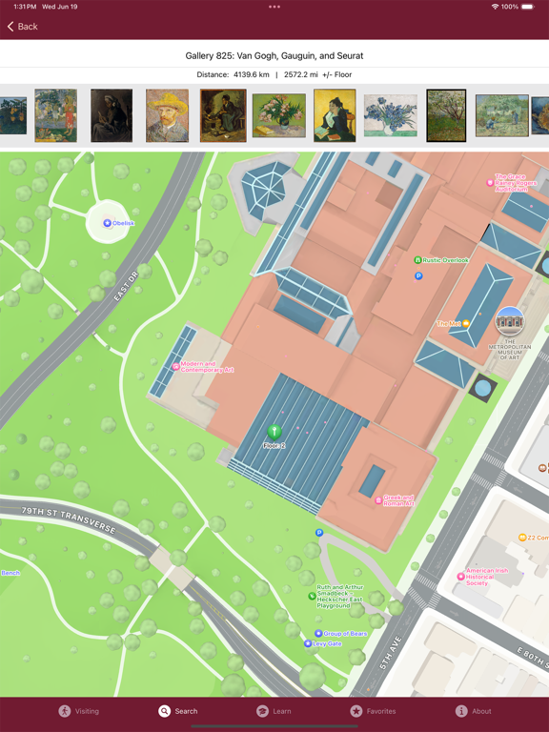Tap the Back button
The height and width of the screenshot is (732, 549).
point(22,27)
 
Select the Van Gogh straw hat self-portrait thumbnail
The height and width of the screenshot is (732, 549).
point(167,116)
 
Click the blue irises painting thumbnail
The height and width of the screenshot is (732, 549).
point(391,116)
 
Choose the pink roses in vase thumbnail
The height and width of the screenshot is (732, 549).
point(279,116)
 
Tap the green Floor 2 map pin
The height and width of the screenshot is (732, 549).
point(274,433)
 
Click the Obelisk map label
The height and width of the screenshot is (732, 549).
point(122,223)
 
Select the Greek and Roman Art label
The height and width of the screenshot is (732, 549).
point(398,499)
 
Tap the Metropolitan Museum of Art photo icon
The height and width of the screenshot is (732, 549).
point(510,322)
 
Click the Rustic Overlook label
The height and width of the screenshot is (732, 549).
point(446,260)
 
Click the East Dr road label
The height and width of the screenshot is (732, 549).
point(127,284)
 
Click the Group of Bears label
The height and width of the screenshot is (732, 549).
point(345,634)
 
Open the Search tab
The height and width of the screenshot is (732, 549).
point(178,711)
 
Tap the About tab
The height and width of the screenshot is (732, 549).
point(473,711)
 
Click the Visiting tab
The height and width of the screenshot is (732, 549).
point(78,711)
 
